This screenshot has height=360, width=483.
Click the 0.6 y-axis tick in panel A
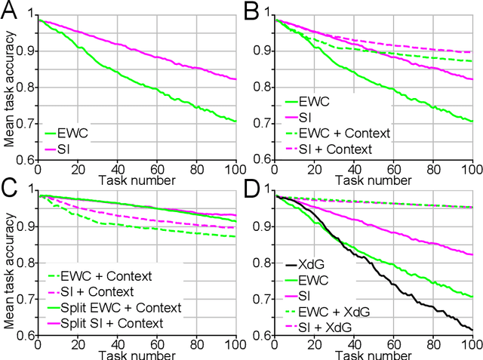tap(23, 160)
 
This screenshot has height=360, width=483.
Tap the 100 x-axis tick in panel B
tap(472, 170)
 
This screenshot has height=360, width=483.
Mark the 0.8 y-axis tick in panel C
tap(23, 263)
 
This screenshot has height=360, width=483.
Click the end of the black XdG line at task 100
tap(472, 329)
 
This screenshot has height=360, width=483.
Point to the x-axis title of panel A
tap(132, 176)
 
